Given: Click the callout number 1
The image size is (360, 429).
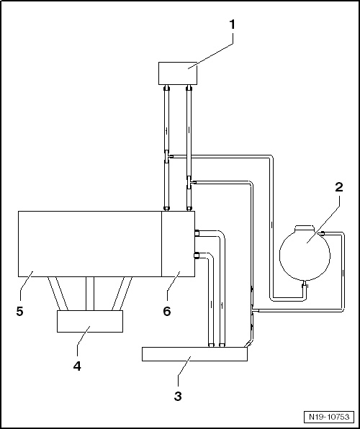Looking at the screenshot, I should tap(232, 24).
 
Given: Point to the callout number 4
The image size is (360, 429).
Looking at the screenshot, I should tap(77, 366).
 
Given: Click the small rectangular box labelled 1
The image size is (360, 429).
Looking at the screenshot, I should tap(177, 73).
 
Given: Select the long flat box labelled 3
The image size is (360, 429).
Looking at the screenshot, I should tap(194, 354).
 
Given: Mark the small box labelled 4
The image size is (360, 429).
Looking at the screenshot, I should tap(89, 321).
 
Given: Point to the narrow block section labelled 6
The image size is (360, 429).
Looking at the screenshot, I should tap(178, 243).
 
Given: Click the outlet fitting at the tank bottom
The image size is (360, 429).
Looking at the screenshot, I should tap(305, 286).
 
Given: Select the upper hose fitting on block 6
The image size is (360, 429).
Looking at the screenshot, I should tap(196, 232).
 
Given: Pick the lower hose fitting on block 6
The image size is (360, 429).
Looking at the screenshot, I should tap(196, 253).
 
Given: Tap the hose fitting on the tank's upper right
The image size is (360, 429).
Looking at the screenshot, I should tap(322, 233).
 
